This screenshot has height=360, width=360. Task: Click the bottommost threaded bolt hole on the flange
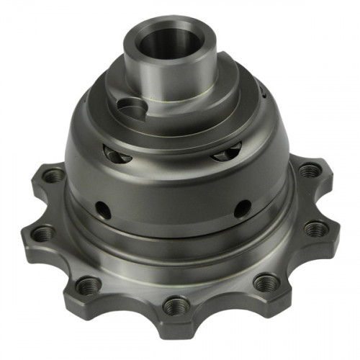[175, 307]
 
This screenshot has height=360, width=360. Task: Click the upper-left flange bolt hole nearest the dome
[53, 175]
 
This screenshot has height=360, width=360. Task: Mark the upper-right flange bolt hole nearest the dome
[309, 171]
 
